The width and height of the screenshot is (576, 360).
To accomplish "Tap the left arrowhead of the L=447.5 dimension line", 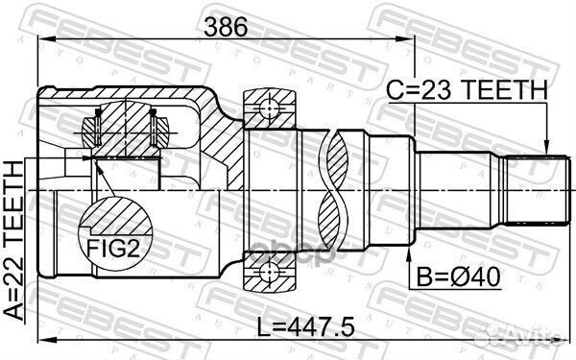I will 41,340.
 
